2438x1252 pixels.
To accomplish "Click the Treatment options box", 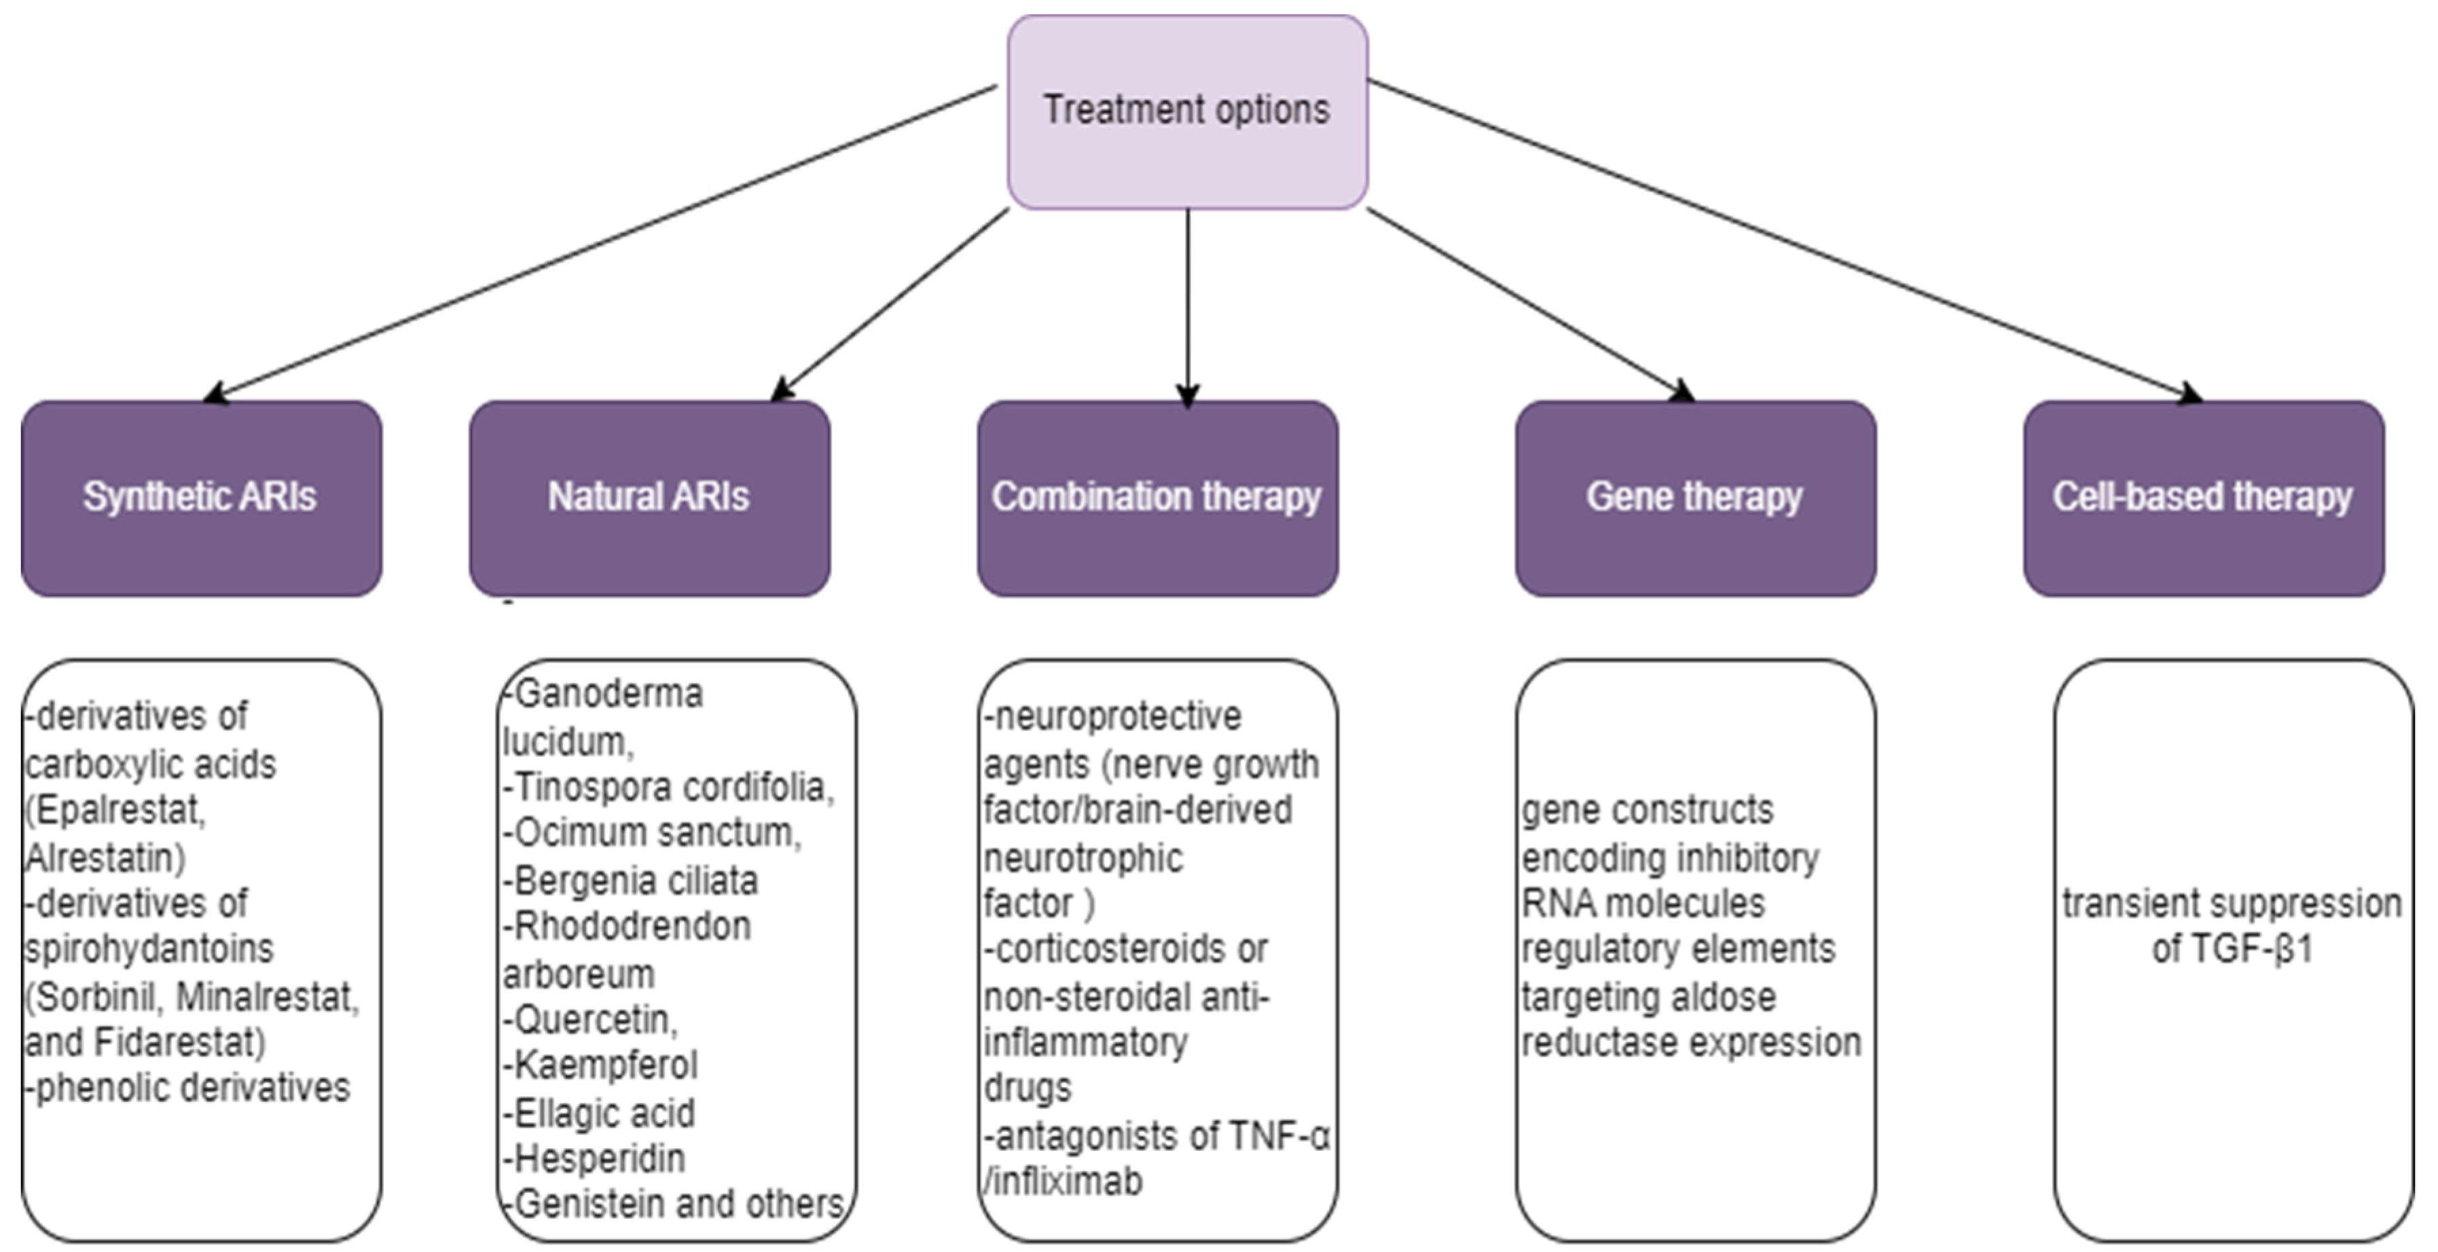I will [1187, 111].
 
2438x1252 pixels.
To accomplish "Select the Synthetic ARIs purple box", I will [200, 498].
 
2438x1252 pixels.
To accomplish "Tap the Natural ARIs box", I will [649, 498].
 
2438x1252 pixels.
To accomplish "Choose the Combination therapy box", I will [1157, 498].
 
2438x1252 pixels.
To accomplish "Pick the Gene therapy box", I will [1694, 498].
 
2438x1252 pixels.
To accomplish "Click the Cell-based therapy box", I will [2202, 498].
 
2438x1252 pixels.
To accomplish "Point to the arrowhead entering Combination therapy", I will [1188, 394].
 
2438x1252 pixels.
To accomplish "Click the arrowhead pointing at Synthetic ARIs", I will [216, 394].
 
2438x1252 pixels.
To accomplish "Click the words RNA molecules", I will [1642, 904].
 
